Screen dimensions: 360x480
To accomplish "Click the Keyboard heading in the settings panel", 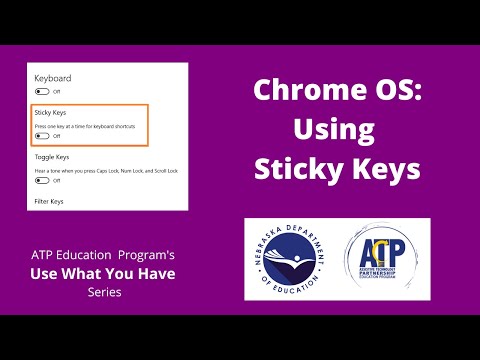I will [52, 77].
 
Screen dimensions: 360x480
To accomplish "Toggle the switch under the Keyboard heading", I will [42, 91].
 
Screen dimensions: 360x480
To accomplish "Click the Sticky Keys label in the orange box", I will [50, 114].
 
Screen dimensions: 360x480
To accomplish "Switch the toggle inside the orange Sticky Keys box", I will [42, 136].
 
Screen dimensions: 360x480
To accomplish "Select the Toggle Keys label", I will [52, 158].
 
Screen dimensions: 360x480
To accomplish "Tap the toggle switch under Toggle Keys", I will [42, 181].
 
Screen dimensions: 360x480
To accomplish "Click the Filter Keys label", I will [49, 202].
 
